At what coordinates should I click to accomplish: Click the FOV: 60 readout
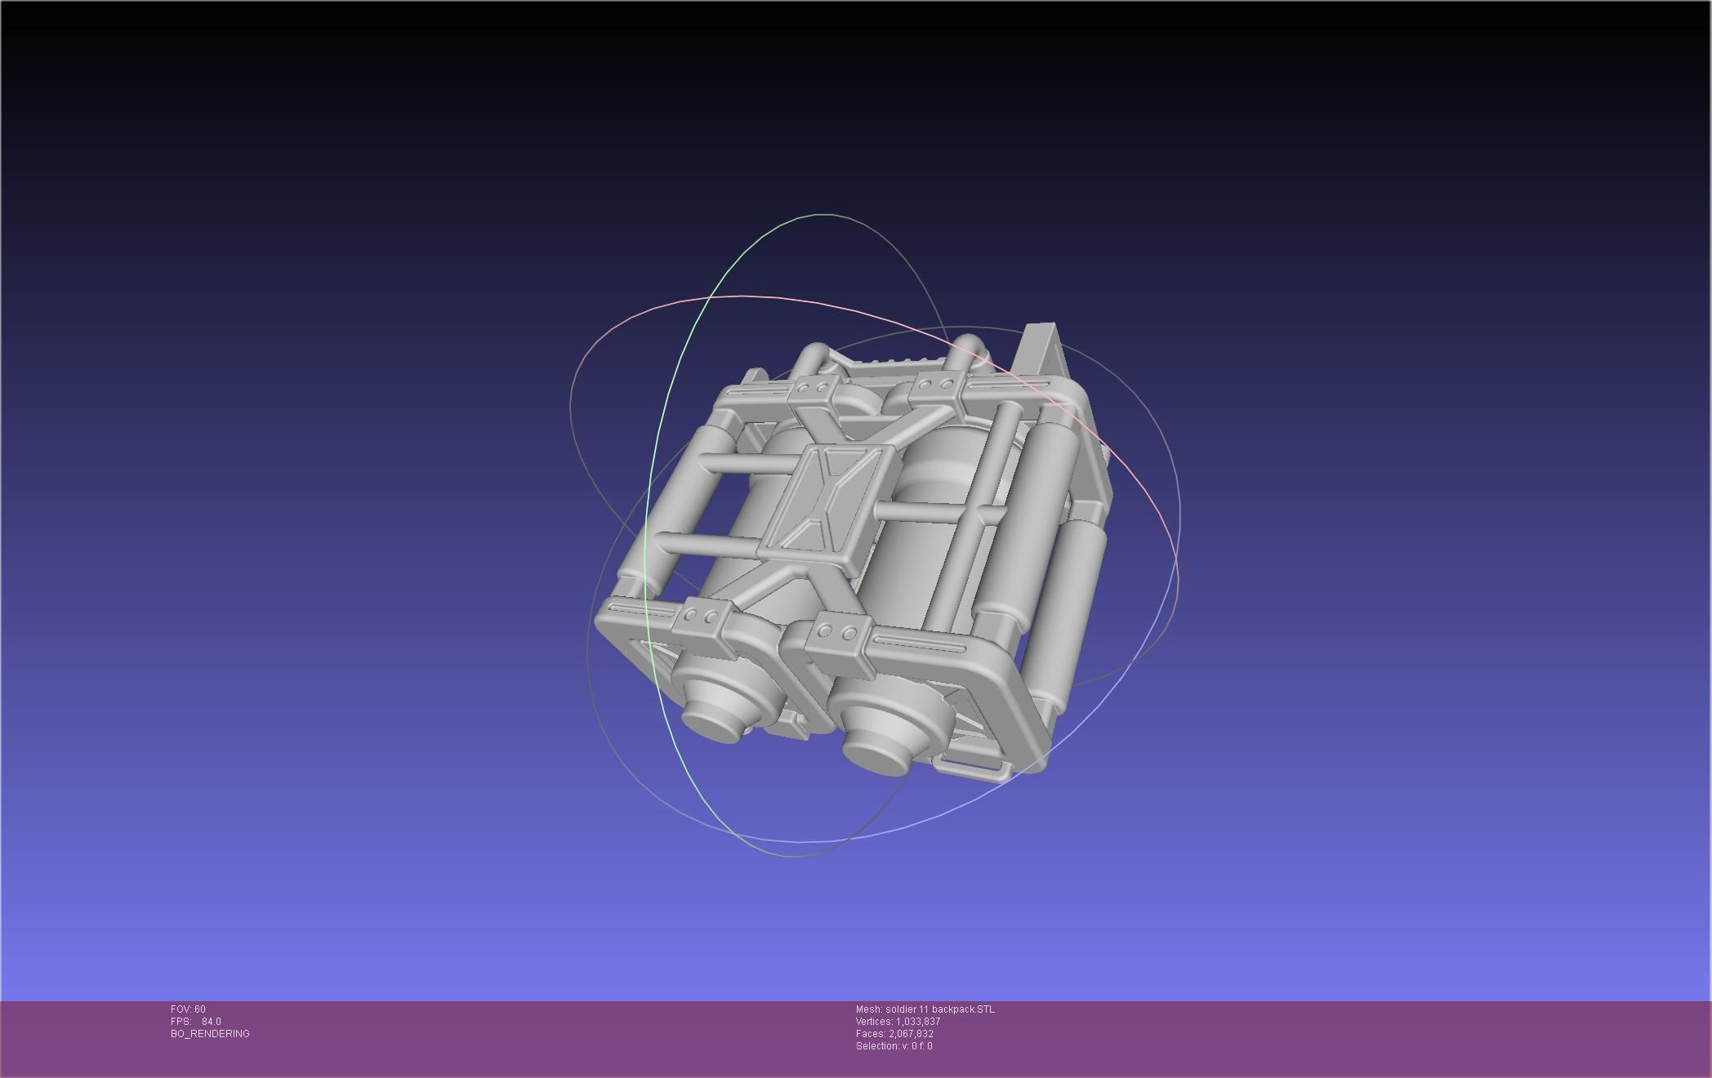(188, 1009)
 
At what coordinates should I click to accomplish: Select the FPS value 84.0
(211, 1022)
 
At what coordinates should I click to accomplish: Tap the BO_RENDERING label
(210, 1034)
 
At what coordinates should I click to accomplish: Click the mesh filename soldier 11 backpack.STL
(939, 1009)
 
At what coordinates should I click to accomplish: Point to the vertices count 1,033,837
(918, 1022)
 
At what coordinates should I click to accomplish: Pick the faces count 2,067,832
(911, 1034)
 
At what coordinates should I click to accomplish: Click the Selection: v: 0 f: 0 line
(894, 1046)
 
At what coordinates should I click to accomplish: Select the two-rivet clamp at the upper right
(936, 386)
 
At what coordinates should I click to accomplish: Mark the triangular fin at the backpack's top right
(1039, 351)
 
